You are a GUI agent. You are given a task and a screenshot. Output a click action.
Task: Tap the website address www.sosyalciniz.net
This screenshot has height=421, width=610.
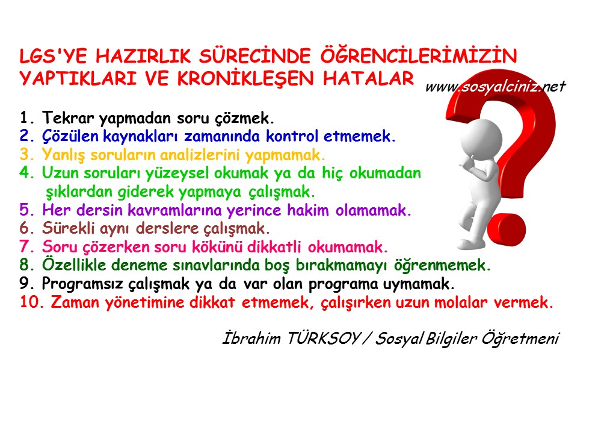495,87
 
